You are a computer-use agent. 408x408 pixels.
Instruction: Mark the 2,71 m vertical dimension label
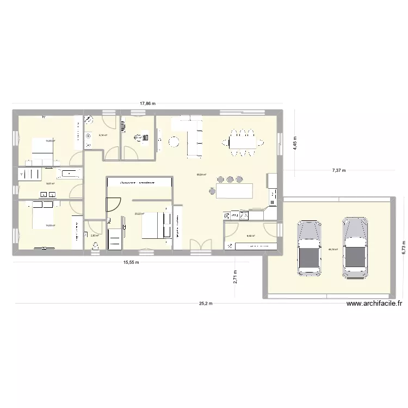[235, 277]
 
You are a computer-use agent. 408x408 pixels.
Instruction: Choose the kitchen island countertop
[234, 191]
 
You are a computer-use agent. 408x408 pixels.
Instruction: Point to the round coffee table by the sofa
[174, 142]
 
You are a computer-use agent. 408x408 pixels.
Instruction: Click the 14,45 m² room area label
[50, 141]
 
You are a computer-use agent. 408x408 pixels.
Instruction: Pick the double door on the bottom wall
[199, 246]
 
